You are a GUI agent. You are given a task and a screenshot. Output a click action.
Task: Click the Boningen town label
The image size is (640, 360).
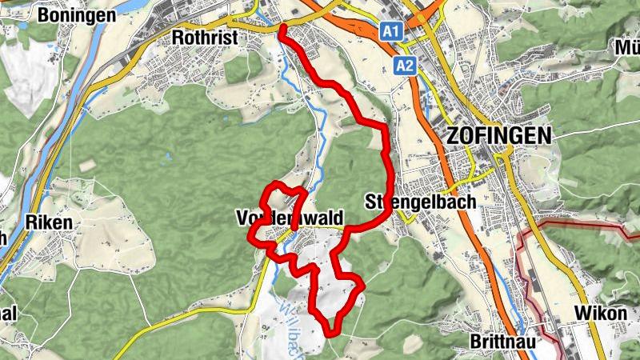click(x=77, y=15)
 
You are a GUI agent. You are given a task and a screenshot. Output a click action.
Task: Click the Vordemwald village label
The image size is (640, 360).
click(x=290, y=218)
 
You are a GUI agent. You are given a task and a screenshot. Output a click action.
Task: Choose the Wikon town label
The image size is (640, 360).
click(x=601, y=313)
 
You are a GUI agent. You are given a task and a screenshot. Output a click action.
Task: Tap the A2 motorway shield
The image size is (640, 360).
click(x=405, y=66)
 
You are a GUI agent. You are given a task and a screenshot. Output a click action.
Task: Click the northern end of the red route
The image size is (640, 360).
click(x=282, y=30)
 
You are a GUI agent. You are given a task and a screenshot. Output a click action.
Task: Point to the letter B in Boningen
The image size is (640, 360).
click(x=44, y=15)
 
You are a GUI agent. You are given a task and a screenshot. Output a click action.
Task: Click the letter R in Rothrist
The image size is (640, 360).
click(x=178, y=38)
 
